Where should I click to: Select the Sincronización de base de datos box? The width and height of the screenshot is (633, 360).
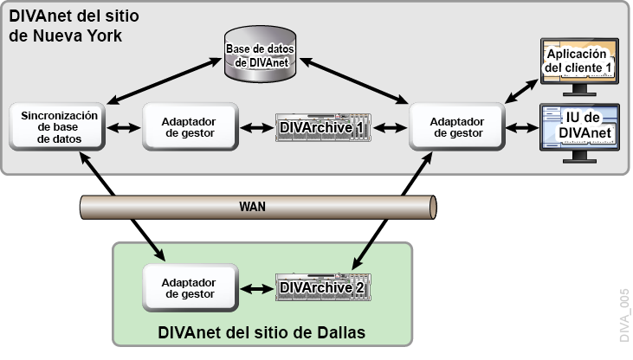[58, 127]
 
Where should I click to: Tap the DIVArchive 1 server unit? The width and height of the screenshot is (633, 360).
[323, 128]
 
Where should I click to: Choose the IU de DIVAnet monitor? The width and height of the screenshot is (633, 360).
[579, 130]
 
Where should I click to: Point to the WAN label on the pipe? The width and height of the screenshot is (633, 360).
[252, 207]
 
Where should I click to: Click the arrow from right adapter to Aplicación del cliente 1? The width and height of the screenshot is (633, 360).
[520, 87]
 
